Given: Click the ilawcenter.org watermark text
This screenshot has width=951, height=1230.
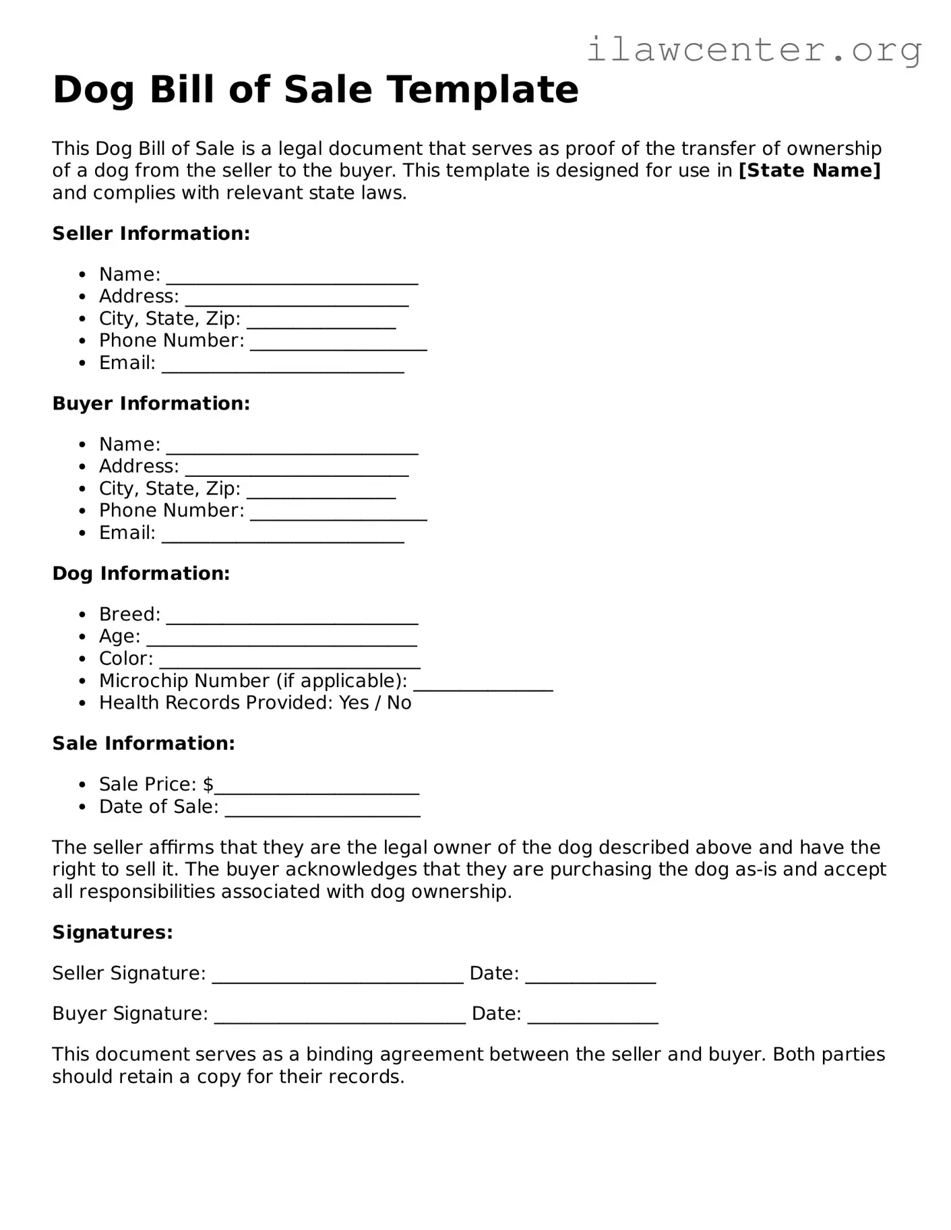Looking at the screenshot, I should (x=754, y=50).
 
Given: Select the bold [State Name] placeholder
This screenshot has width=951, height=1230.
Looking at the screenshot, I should (x=809, y=170).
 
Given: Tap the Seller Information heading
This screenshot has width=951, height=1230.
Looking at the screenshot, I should (x=151, y=234).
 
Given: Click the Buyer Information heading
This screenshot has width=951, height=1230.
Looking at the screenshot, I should (x=151, y=403).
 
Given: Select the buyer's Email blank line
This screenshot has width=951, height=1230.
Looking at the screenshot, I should (x=282, y=536).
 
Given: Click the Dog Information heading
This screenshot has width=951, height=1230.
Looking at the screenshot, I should (x=141, y=573).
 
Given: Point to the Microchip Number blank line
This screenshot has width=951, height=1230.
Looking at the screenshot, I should (x=483, y=684).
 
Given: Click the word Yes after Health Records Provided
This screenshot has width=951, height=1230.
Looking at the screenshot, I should (x=354, y=703).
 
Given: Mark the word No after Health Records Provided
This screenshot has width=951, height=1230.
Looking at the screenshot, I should (x=399, y=703).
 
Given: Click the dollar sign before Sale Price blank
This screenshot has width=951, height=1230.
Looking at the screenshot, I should (x=208, y=784).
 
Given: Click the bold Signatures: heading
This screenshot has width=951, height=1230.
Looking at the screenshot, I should (x=113, y=932).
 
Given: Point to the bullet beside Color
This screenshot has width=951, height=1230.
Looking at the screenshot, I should (x=82, y=659).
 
